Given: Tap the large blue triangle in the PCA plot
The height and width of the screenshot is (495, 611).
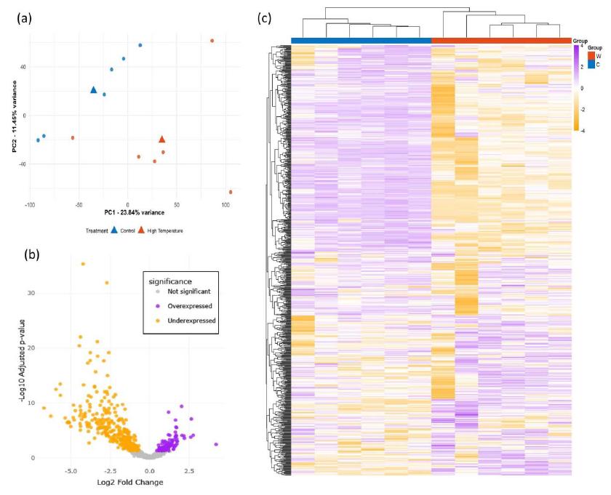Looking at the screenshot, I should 93,90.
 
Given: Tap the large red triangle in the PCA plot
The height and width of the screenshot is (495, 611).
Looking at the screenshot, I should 162,139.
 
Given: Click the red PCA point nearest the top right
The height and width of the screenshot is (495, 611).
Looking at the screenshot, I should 212,41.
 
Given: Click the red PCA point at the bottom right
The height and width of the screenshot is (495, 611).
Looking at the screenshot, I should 231,192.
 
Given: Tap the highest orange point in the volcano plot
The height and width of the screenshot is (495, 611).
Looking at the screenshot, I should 84,264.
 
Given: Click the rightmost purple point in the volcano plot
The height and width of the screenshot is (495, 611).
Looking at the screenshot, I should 216,444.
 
